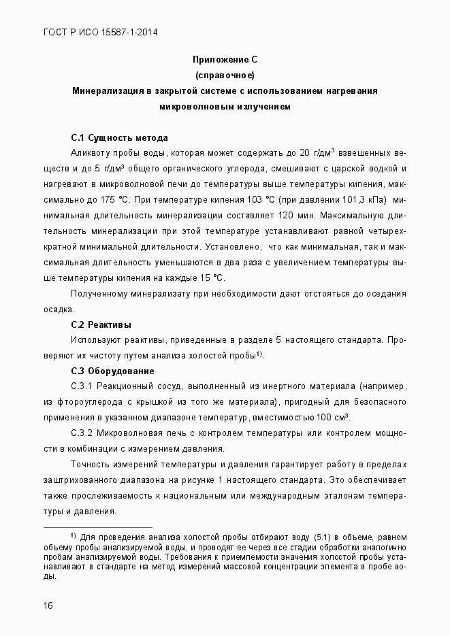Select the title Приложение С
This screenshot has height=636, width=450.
click(x=225, y=60)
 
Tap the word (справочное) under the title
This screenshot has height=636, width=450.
click(x=225, y=75)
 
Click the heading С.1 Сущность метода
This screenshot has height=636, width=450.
click(x=119, y=137)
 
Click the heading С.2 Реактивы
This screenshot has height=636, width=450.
click(x=101, y=324)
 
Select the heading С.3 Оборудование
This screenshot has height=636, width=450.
click(x=112, y=371)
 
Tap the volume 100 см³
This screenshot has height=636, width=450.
click(x=332, y=417)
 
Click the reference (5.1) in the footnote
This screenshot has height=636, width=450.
click(x=324, y=537)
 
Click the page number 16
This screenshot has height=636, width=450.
click(x=48, y=605)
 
